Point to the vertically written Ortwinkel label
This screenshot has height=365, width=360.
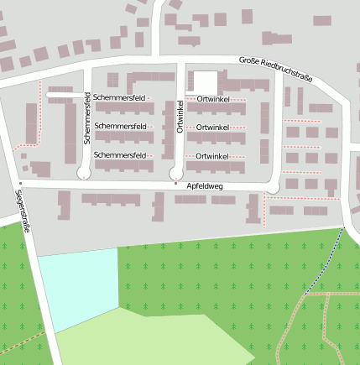[x=180, y=117]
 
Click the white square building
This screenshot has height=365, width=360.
[x=206, y=81]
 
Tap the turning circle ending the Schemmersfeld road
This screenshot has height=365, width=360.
[x=85, y=174]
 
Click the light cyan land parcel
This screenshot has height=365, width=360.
[x=77, y=285]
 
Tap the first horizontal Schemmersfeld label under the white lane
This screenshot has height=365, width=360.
[x=121, y=98]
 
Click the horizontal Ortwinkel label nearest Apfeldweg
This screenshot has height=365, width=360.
[x=212, y=157]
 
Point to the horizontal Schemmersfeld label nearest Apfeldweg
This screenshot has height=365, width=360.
[x=121, y=155]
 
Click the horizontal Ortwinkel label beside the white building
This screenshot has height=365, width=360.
[x=212, y=98]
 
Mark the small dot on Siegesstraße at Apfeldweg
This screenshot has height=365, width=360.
[x=20, y=181]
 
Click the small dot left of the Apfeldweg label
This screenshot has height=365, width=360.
[x=175, y=183]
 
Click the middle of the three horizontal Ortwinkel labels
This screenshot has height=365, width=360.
[x=212, y=127]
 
